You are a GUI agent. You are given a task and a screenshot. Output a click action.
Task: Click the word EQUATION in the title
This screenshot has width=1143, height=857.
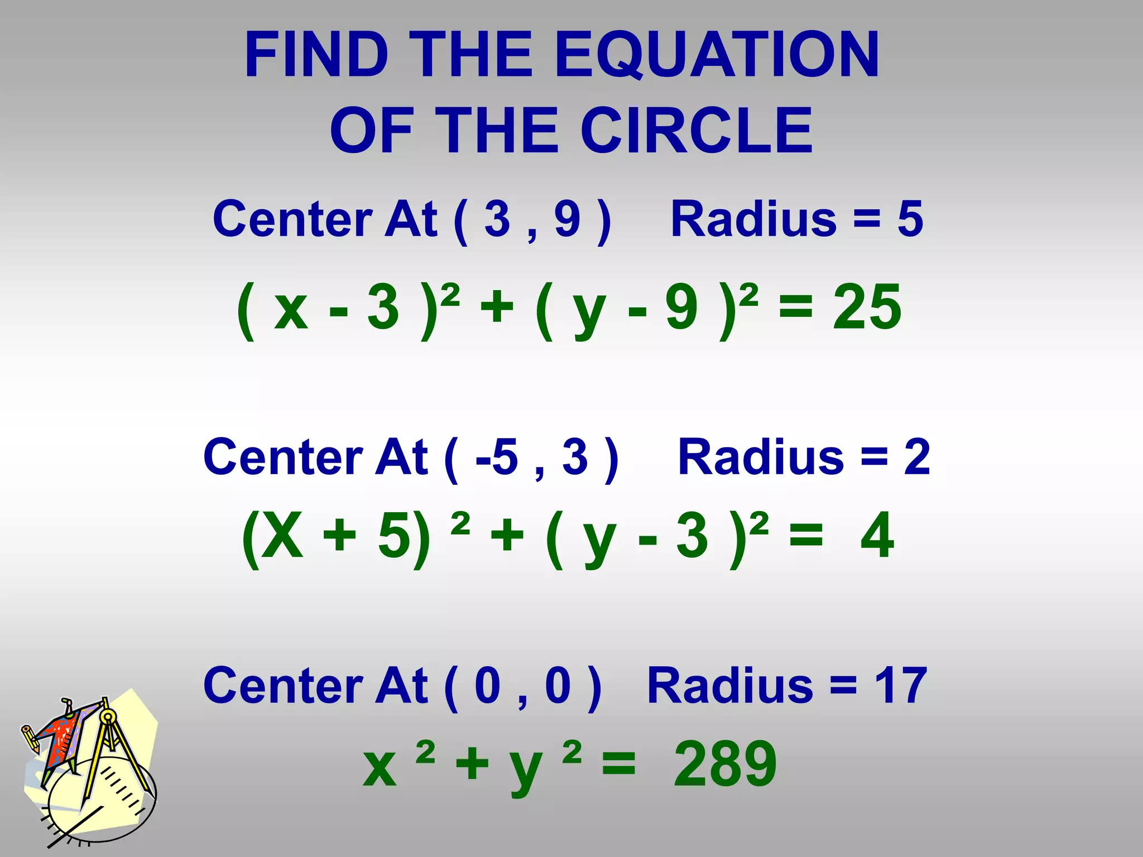[717, 55]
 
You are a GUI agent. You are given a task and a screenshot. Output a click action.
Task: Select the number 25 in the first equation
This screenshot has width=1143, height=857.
[866, 307]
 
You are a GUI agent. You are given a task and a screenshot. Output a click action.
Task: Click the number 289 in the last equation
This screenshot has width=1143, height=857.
[725, 764]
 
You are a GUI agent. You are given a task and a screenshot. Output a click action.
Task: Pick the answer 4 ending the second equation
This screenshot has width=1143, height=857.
[877, 536]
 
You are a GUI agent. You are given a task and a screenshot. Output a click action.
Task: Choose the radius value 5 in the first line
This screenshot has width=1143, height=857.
[910, 219]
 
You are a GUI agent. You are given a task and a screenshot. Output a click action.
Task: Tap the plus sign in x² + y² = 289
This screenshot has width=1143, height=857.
[472, 764]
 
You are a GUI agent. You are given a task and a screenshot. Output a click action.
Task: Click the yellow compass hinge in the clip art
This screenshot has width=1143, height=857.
[107, 716]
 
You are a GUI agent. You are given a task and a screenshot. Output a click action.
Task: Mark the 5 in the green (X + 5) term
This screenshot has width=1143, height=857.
[395, 536]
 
